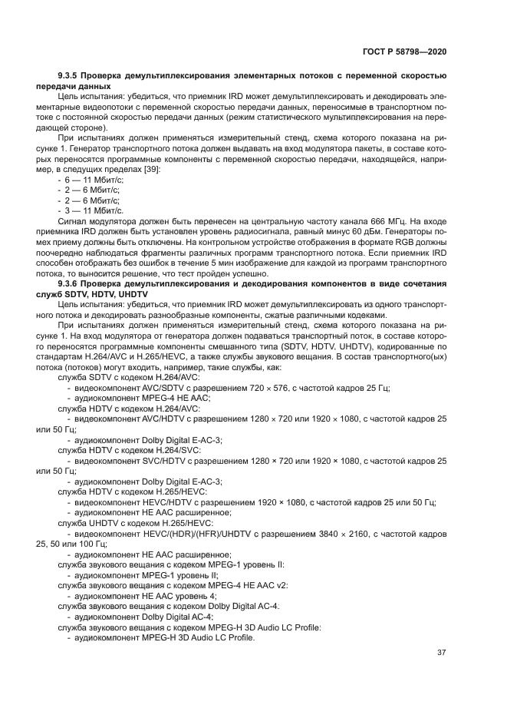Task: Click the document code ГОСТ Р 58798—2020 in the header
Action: pos(403,51)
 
